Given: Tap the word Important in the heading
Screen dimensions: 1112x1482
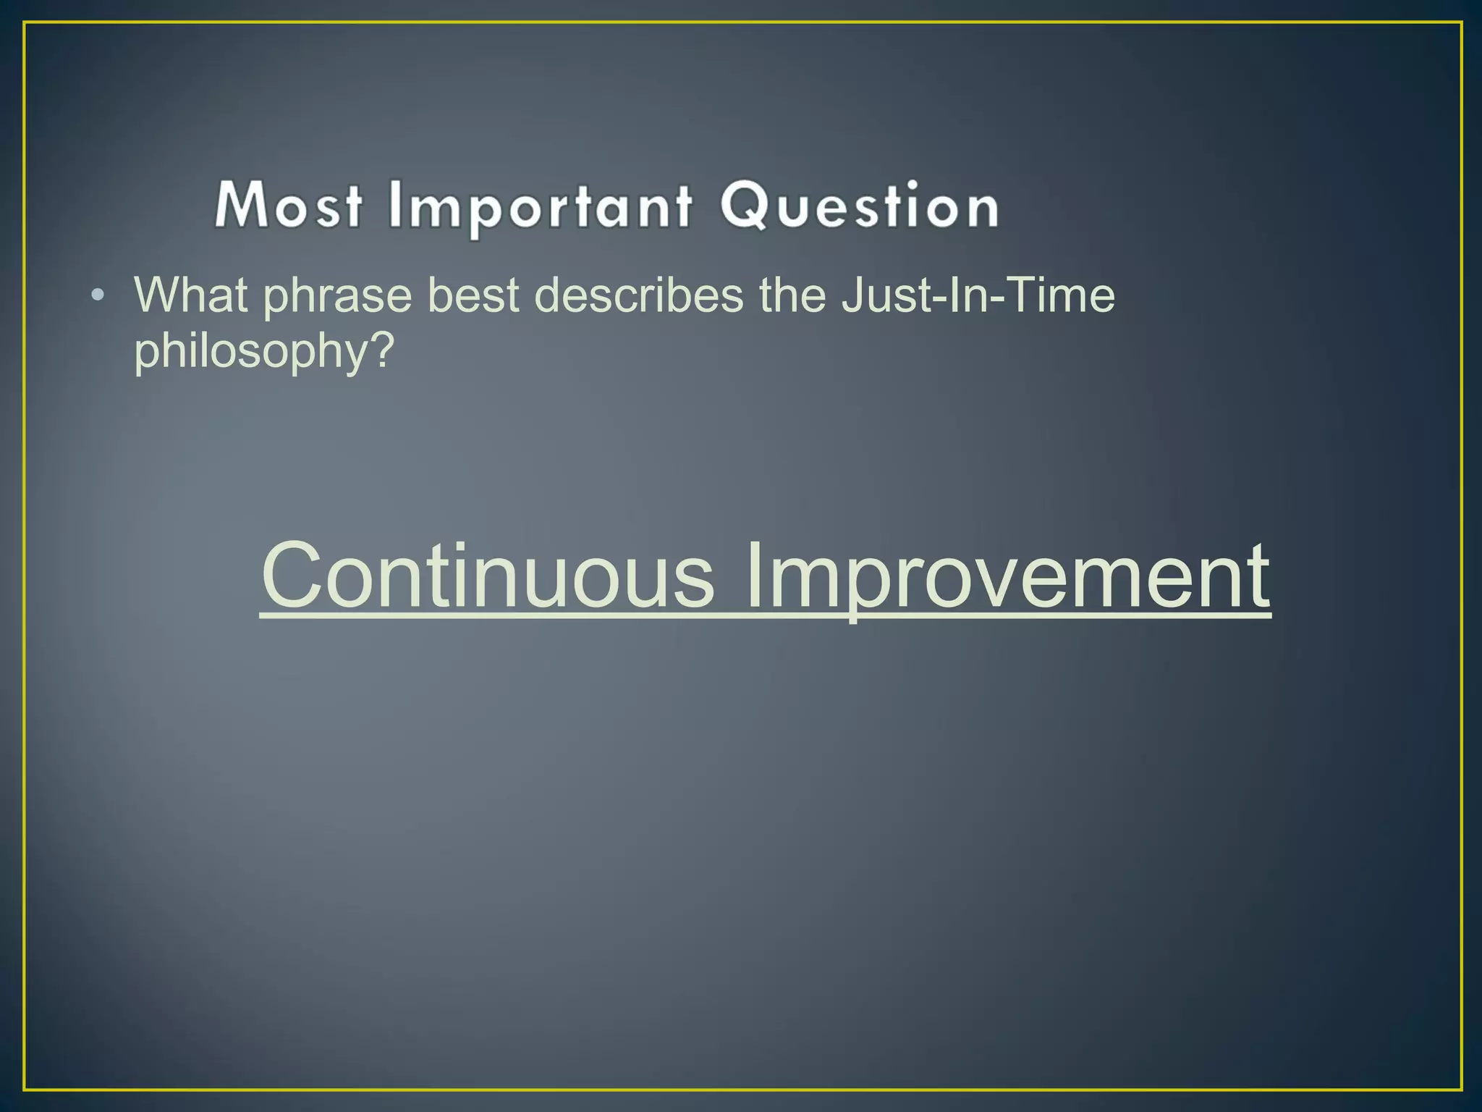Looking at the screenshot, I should (x=540, y=208).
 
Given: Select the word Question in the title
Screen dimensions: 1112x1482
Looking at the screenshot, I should (x=860, y=206).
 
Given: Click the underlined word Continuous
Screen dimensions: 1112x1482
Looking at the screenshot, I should (x=487, y=576).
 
